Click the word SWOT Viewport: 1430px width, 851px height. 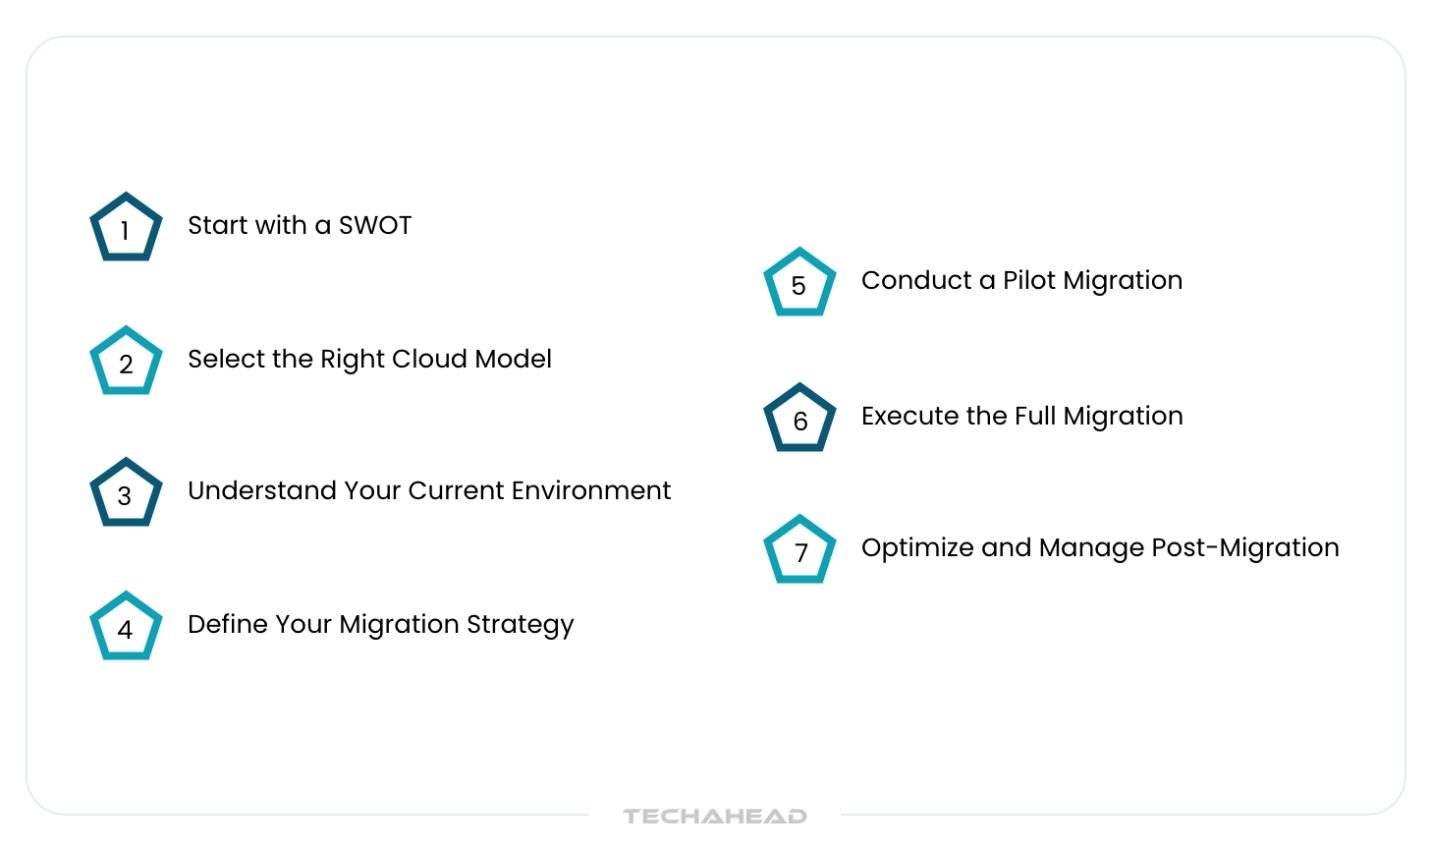[375, 226]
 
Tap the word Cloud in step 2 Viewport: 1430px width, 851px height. [429, 359]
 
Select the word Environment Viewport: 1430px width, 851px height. [590, 490]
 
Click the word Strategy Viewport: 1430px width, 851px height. [520, 625]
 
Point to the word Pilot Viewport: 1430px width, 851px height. [1029, 280]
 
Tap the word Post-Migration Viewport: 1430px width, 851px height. [1245, 548]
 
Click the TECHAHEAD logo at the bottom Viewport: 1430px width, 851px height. [715, 816]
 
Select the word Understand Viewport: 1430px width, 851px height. [262, 490]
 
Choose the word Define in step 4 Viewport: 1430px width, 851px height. [227, 624]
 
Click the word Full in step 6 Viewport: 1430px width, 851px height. [1035, 417]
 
